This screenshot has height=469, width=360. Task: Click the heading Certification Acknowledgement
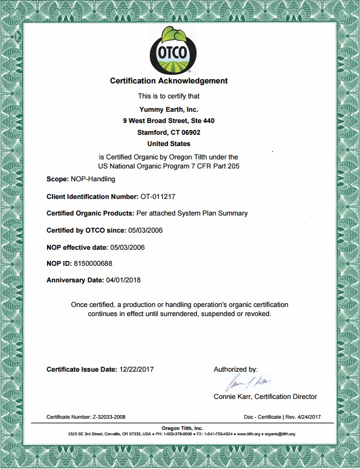click(x=168, y=81)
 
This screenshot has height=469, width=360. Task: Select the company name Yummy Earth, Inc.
click(x=168, y=109)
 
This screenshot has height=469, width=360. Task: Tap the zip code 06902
click(x=189, y=132)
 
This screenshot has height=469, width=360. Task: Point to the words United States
click(x=168, y=143)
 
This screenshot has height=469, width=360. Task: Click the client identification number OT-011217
click(x=158, y=196)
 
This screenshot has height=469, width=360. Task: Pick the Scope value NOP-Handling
click(x=93, y=179)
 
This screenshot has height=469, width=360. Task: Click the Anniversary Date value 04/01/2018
click(x=124, y=280)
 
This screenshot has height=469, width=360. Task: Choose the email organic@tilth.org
click(x=279, y=434)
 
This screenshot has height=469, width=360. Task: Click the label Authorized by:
click(x=235, y=369)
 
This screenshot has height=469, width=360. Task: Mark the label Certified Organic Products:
click(x=90, y=213)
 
